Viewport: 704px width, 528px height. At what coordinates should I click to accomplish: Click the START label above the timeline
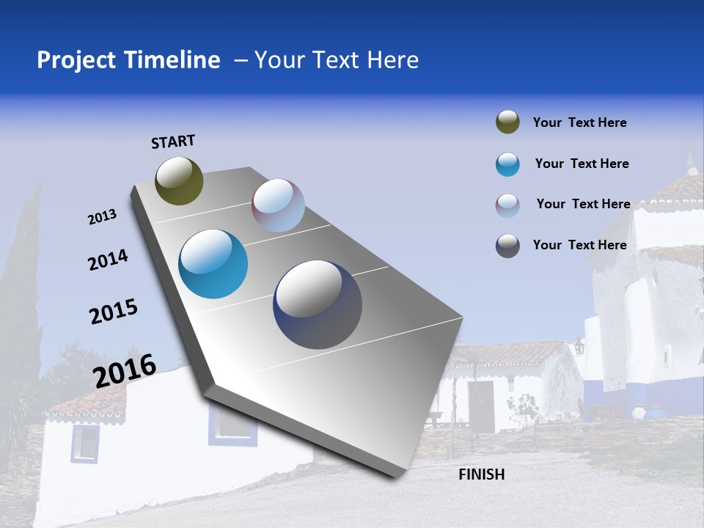173,142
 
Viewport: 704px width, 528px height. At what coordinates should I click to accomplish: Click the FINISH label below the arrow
481,474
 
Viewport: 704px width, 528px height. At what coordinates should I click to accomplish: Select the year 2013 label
102,217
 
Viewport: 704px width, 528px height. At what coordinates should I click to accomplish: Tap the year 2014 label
108,260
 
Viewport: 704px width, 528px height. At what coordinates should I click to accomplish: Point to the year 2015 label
113,312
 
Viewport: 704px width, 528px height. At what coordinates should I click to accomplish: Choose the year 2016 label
125,370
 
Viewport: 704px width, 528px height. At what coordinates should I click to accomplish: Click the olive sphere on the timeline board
179,180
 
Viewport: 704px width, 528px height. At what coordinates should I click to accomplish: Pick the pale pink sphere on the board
278,205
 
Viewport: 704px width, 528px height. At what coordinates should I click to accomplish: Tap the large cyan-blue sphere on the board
213,264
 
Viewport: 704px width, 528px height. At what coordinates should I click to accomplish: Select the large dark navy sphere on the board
318,304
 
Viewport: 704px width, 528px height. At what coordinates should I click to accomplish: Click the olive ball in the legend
507,122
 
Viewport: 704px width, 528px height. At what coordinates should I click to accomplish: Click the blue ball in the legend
507,164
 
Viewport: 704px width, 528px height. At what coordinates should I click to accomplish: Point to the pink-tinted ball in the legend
507,205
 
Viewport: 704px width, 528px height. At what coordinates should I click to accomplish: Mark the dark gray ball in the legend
507,246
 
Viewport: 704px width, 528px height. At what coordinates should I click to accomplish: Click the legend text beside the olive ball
579,122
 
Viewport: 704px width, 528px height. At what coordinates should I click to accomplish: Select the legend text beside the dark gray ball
579,245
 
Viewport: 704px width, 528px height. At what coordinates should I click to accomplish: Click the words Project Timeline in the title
128,60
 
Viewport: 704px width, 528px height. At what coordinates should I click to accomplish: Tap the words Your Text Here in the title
337,60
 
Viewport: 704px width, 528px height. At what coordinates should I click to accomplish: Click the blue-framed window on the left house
85,444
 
